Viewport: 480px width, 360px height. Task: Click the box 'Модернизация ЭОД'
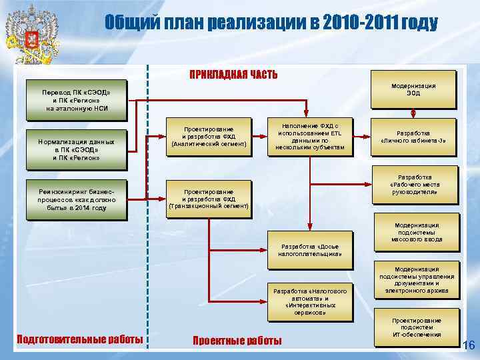[x=413, y=89]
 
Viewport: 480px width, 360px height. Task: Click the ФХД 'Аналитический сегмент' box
[x=209, y=135]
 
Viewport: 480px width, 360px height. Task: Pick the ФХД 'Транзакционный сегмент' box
[x=209, y=198]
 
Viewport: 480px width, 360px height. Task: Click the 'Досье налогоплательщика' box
[x=311, y=249]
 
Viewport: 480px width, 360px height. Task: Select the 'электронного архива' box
[x=417, y=279]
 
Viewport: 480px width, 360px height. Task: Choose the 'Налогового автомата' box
[x=310, y=301]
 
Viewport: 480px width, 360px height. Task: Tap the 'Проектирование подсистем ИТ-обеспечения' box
[x=417, y=327]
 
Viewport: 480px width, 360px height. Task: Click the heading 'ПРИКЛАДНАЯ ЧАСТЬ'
[x=233, y=74]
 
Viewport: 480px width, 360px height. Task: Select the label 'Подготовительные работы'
[x=79, y=339]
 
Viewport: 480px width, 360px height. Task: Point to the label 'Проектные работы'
[x=237, y=341]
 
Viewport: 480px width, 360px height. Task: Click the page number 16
[x=468, y=345]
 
